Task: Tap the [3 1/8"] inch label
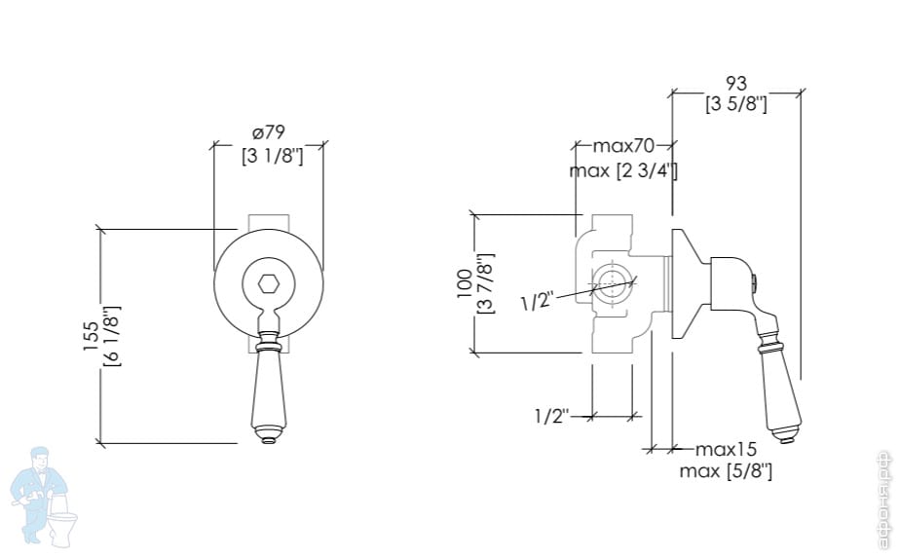click(273, 155)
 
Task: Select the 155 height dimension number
click(89, 336)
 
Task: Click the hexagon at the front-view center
click(269, 284)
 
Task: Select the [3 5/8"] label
click(736, 104)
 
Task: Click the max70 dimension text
click(623, 147)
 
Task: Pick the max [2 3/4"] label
click(623, 171)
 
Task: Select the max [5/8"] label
click(726, 471)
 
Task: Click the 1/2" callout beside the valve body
click(536, 302)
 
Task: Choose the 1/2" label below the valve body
click(550, 416)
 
